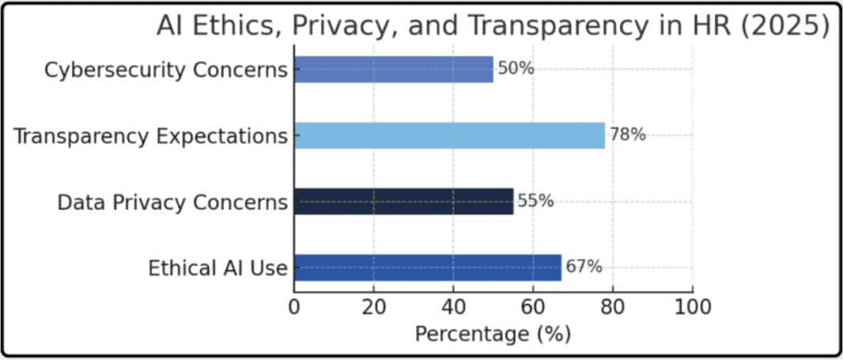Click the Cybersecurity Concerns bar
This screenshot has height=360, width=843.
coord(393,69)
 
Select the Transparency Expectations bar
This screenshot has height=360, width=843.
coord(449,135)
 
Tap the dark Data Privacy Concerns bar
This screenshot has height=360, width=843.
coord(403,202)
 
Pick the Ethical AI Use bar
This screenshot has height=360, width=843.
coord(427,267)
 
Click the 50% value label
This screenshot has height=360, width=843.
coord(516,69)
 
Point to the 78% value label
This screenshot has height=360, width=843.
coord(627,135)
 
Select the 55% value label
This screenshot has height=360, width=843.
coord(535,202)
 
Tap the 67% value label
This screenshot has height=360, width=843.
coord(584,267)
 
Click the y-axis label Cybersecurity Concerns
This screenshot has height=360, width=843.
coord(165,70)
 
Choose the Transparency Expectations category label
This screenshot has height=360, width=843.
coord(150,136)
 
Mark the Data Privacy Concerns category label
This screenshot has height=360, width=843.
coord(172,203)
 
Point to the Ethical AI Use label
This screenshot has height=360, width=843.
coord(217,268)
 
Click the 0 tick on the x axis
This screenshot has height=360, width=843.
coord(294,306)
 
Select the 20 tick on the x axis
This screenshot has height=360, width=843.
coord(374,306)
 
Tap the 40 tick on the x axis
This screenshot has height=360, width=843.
coord(454,306)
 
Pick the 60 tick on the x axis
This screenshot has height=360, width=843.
coord(534,306)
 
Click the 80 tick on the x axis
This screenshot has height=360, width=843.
coord(613,306)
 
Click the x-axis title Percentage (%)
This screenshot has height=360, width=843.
coord(493,334)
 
